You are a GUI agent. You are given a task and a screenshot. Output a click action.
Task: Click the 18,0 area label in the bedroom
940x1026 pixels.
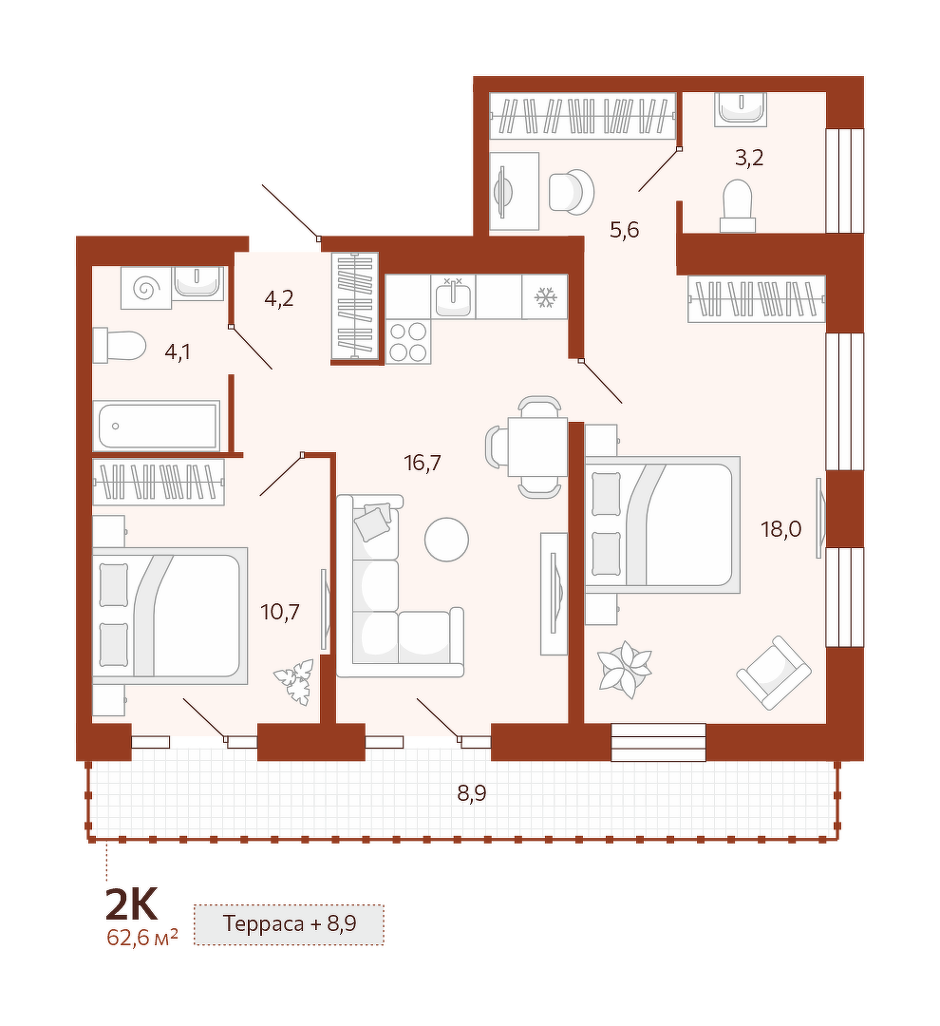(781, 528)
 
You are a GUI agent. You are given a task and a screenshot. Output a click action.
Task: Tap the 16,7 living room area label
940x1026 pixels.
(423, 464)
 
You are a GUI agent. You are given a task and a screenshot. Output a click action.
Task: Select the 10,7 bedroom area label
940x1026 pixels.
(280, 612)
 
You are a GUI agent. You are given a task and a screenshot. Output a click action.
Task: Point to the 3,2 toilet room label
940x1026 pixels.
(749, 158)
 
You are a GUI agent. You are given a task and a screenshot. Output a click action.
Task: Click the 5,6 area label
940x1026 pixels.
(624, 230)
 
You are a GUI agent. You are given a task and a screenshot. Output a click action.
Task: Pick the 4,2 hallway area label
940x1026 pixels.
(278, 299)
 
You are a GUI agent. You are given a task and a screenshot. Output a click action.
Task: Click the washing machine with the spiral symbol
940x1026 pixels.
(146, 287)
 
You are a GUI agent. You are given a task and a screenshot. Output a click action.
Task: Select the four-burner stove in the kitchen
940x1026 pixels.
(408, 342)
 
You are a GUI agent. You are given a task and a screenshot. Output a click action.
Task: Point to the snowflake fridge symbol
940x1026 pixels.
(545, 297)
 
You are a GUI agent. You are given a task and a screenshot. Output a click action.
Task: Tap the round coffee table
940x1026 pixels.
(446, 540)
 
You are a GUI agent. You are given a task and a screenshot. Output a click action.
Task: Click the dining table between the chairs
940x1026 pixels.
(537, 446)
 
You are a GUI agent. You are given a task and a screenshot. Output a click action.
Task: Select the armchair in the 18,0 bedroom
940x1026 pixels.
(774, 673)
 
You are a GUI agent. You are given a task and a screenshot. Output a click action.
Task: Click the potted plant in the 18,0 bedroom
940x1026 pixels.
(626, 670)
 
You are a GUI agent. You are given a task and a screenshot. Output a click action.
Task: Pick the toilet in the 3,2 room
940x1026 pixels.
(738, 205)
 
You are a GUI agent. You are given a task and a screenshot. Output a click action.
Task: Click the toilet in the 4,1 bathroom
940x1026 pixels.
(119, 346)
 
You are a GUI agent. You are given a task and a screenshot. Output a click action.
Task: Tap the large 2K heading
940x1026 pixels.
(131, 905)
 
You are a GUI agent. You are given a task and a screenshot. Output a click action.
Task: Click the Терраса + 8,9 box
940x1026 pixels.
(289, 924)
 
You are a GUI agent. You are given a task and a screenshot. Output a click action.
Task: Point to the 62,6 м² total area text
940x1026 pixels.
(142, 937)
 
